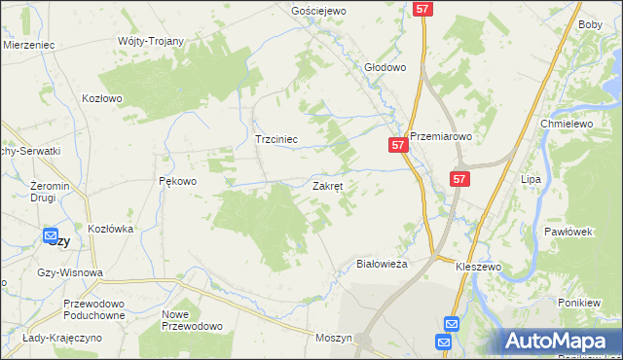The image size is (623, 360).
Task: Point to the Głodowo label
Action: click(x=385, y=68)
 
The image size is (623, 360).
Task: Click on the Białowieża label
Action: click(x=383, y=263)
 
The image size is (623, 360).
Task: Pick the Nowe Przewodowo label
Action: click(x=192, y=320)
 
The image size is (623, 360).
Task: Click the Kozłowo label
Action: click(x=102, y=98)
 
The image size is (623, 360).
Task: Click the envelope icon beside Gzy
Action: click(x=50, y=234)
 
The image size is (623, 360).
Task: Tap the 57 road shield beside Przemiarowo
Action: click(x=397, y=144)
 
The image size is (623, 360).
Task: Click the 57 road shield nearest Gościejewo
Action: click(x=421, y=9)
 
